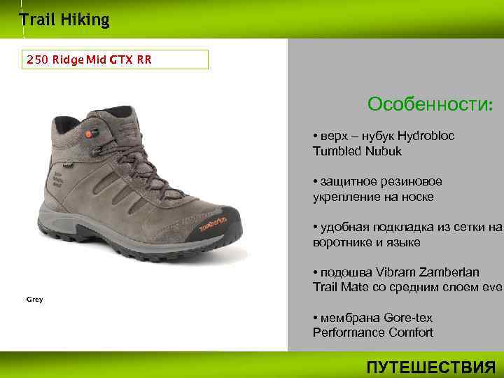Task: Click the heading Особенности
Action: tap(430, 105)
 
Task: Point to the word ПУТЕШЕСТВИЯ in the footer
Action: tap(431, 367)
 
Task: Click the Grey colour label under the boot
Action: tap(35, 300)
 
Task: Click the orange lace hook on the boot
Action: tap(89, 133)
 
